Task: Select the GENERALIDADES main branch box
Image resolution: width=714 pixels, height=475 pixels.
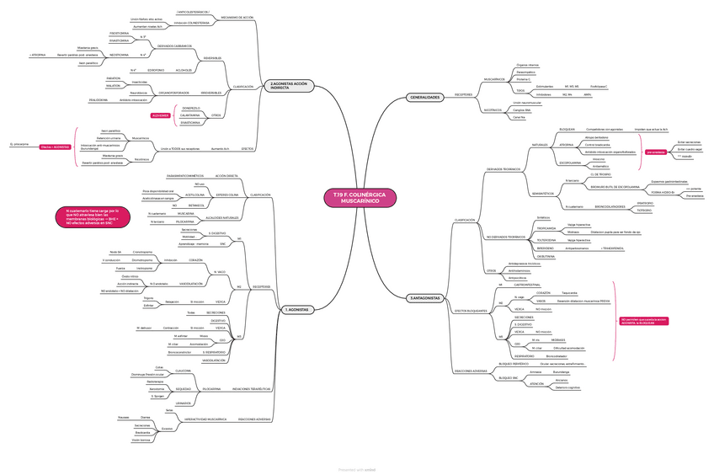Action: pos(424,98)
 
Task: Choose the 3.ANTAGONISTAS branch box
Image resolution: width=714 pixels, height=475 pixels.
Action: pos(425,298)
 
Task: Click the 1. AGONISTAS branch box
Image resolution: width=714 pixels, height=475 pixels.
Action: pos(297,310)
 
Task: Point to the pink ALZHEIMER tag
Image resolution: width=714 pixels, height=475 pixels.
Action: pos(161,115)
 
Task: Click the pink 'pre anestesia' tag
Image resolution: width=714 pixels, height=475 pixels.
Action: pos(656,152)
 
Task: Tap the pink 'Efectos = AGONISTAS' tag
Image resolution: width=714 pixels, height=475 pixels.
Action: pos(54,147)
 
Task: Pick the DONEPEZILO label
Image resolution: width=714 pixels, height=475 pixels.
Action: pos(191,108)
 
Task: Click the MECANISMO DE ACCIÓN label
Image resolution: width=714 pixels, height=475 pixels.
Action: pos(237,17)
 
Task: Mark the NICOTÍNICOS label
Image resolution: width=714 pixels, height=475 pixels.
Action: pos(493,110)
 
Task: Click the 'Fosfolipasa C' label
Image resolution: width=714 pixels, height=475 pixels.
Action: pos(599,87)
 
